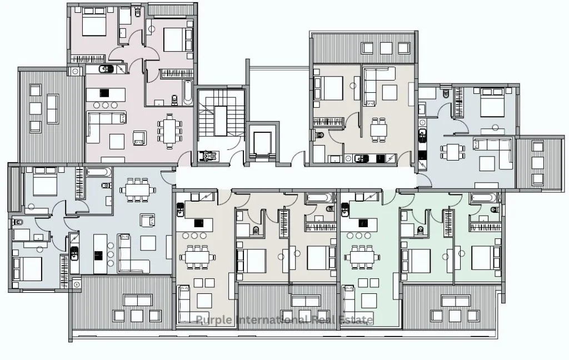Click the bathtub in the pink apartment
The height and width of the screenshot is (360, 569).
click(x=188, y=92)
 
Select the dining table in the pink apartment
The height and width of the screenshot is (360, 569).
click(x=169, y=131)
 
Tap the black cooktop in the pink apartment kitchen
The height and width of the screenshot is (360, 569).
click(x=104, y=93)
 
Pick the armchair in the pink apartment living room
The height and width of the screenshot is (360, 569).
click(x=140, y=138)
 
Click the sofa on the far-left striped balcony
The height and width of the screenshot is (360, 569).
click(x=53, y=109)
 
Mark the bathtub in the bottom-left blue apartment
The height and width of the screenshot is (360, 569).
click(x=99, y=172)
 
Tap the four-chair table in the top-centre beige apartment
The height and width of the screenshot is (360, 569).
click(x=378, y=129)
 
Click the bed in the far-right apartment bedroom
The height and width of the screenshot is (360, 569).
click(x=492, y=101)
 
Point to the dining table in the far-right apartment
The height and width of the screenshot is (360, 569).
click(x=452, y=152)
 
